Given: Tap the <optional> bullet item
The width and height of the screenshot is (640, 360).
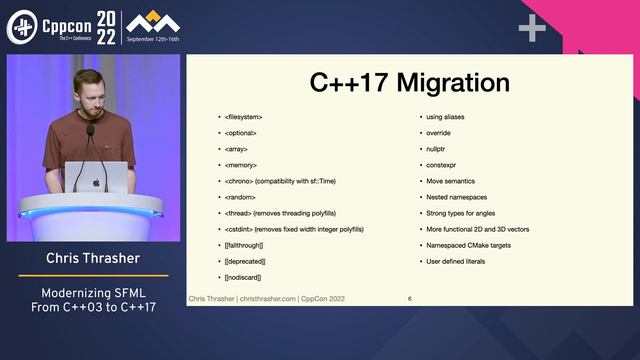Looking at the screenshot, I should click(x=241, y=132).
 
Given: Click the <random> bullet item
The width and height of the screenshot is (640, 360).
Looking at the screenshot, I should click(x=241, y=197).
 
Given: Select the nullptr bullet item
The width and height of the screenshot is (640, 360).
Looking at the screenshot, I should click(x=436, y=148).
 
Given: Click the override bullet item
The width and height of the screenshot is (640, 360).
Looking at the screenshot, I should click(x=438, y=132).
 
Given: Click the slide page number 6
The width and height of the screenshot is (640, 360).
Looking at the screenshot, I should click(x=409, y=299).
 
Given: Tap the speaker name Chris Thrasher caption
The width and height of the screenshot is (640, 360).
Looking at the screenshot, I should click(x=93, y=258).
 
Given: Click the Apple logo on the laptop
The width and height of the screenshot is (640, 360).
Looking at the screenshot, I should click(x=97, y=182).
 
